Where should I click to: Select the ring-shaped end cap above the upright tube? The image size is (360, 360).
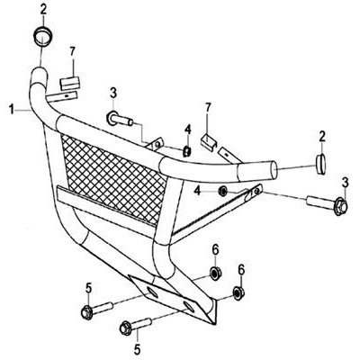click(42, 37)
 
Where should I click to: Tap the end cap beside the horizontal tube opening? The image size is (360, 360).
click(321, 165)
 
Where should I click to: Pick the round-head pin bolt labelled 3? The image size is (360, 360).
click(119, 119)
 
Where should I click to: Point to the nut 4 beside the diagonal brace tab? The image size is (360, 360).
click(222, 192)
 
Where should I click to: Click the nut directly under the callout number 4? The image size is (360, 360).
click(186, 151)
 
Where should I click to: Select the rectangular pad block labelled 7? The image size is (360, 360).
click(70, 83)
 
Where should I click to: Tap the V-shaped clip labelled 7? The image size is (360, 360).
click(209, 141)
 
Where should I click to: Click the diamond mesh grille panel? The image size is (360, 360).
click(113, 178)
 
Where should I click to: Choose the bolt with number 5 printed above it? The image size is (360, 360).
click(96, 310)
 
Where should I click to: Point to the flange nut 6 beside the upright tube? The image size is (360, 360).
click(215, 273)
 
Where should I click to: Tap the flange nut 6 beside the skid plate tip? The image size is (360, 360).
click(238, 292)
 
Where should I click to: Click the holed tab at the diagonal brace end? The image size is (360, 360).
click(256, 191)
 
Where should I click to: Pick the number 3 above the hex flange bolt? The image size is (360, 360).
click(345, 184)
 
